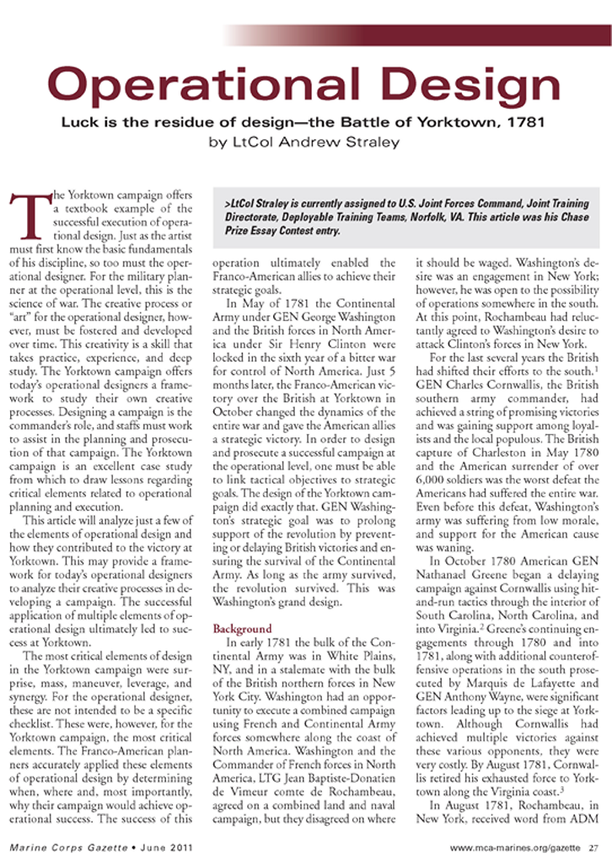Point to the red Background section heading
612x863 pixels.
coord(242,630)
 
